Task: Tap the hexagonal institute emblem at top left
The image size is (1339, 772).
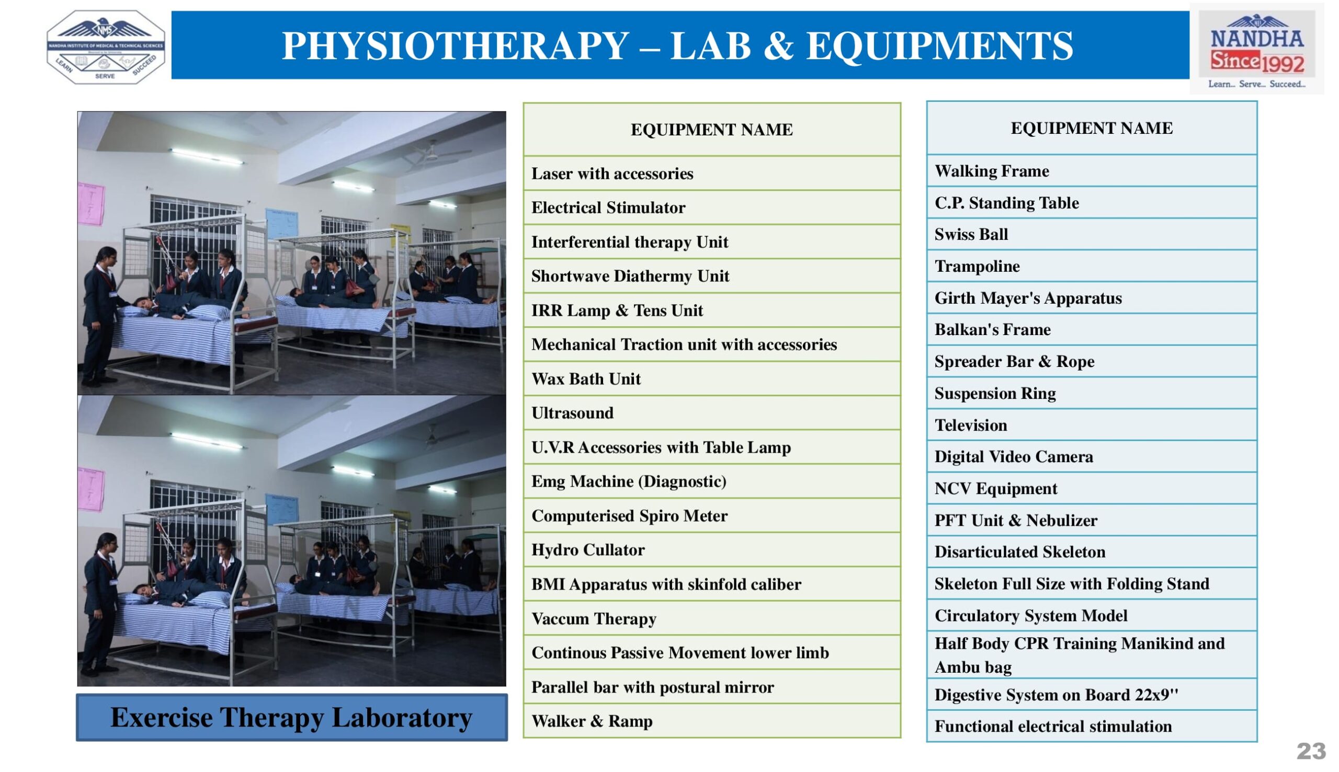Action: [x=106, y=47]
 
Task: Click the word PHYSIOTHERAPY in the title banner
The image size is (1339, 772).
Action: [x=455, y=45]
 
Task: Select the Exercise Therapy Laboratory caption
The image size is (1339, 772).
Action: [x=291, y=717]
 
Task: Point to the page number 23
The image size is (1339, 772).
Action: [x=1311, y=751]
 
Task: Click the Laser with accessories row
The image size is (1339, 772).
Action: [x=711, y=174]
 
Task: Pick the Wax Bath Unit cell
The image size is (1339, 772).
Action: [x=711, y=378]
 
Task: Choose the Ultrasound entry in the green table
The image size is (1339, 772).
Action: [x=711, y=412]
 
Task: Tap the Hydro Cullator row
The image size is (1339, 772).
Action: [x=711, y=549]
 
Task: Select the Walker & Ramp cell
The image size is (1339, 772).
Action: [x=711, y=721]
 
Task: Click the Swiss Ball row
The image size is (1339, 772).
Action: [x=1091, y=234]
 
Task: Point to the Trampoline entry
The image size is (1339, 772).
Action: [x=1091, y=266]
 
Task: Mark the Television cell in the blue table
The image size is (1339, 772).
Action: [x=1091, y=425]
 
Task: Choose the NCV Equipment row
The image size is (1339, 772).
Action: [x=1091, y=488]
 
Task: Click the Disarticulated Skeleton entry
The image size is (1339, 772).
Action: [x=1091, y=551]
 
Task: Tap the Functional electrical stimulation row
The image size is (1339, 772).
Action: [x=1091, y=726]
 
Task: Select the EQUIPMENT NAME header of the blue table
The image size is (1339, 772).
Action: [x=1091, y=128]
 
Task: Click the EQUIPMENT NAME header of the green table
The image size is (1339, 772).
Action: [x=711, y=130]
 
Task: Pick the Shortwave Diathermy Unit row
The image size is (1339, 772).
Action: [x=711, y=276]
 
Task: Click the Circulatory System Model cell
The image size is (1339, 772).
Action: [x=1091, y=615]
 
